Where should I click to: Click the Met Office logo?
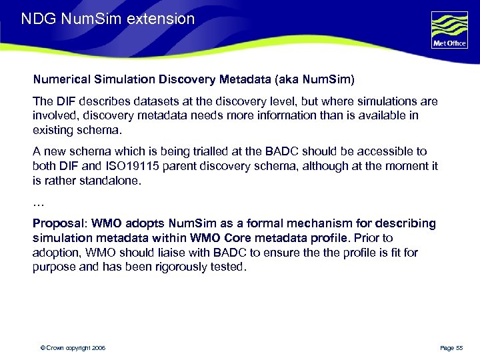point(450,31)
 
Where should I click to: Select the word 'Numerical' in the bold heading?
point(61,79)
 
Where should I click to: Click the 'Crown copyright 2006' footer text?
point(73,348)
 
